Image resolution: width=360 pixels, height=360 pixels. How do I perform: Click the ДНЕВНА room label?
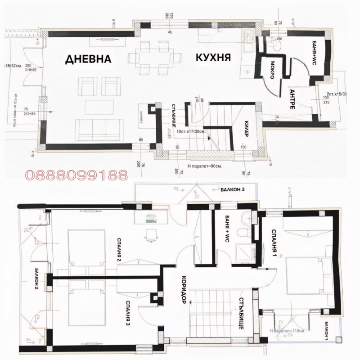[x=88, y=59]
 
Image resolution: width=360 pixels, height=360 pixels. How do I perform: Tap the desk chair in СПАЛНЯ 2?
[x=150, y=234]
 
